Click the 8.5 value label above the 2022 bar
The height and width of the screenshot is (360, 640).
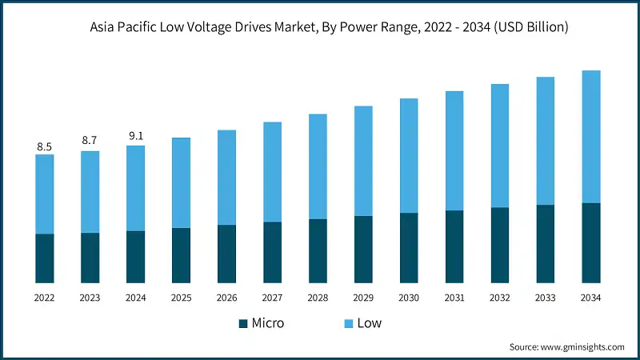45,147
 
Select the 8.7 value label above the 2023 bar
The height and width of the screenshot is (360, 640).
90,140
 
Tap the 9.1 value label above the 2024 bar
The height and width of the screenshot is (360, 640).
136,136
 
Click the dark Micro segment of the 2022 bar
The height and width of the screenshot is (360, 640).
45,258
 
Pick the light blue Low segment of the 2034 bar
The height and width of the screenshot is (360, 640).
591,137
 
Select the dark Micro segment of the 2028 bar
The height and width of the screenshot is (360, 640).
318,251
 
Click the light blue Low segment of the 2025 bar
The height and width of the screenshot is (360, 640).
182,182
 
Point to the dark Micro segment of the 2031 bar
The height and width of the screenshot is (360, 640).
454,246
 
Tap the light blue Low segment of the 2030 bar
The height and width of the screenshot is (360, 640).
409,156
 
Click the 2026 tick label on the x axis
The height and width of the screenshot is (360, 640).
227,298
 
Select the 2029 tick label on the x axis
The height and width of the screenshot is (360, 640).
363,298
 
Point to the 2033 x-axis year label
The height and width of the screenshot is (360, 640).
546,298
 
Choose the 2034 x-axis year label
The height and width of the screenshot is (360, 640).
591,298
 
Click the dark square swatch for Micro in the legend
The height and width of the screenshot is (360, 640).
243,324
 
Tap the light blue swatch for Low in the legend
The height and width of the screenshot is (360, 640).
349,324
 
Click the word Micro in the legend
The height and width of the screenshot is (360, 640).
268,324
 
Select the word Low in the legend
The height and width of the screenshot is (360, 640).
370,324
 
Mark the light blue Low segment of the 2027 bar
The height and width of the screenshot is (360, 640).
272,172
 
